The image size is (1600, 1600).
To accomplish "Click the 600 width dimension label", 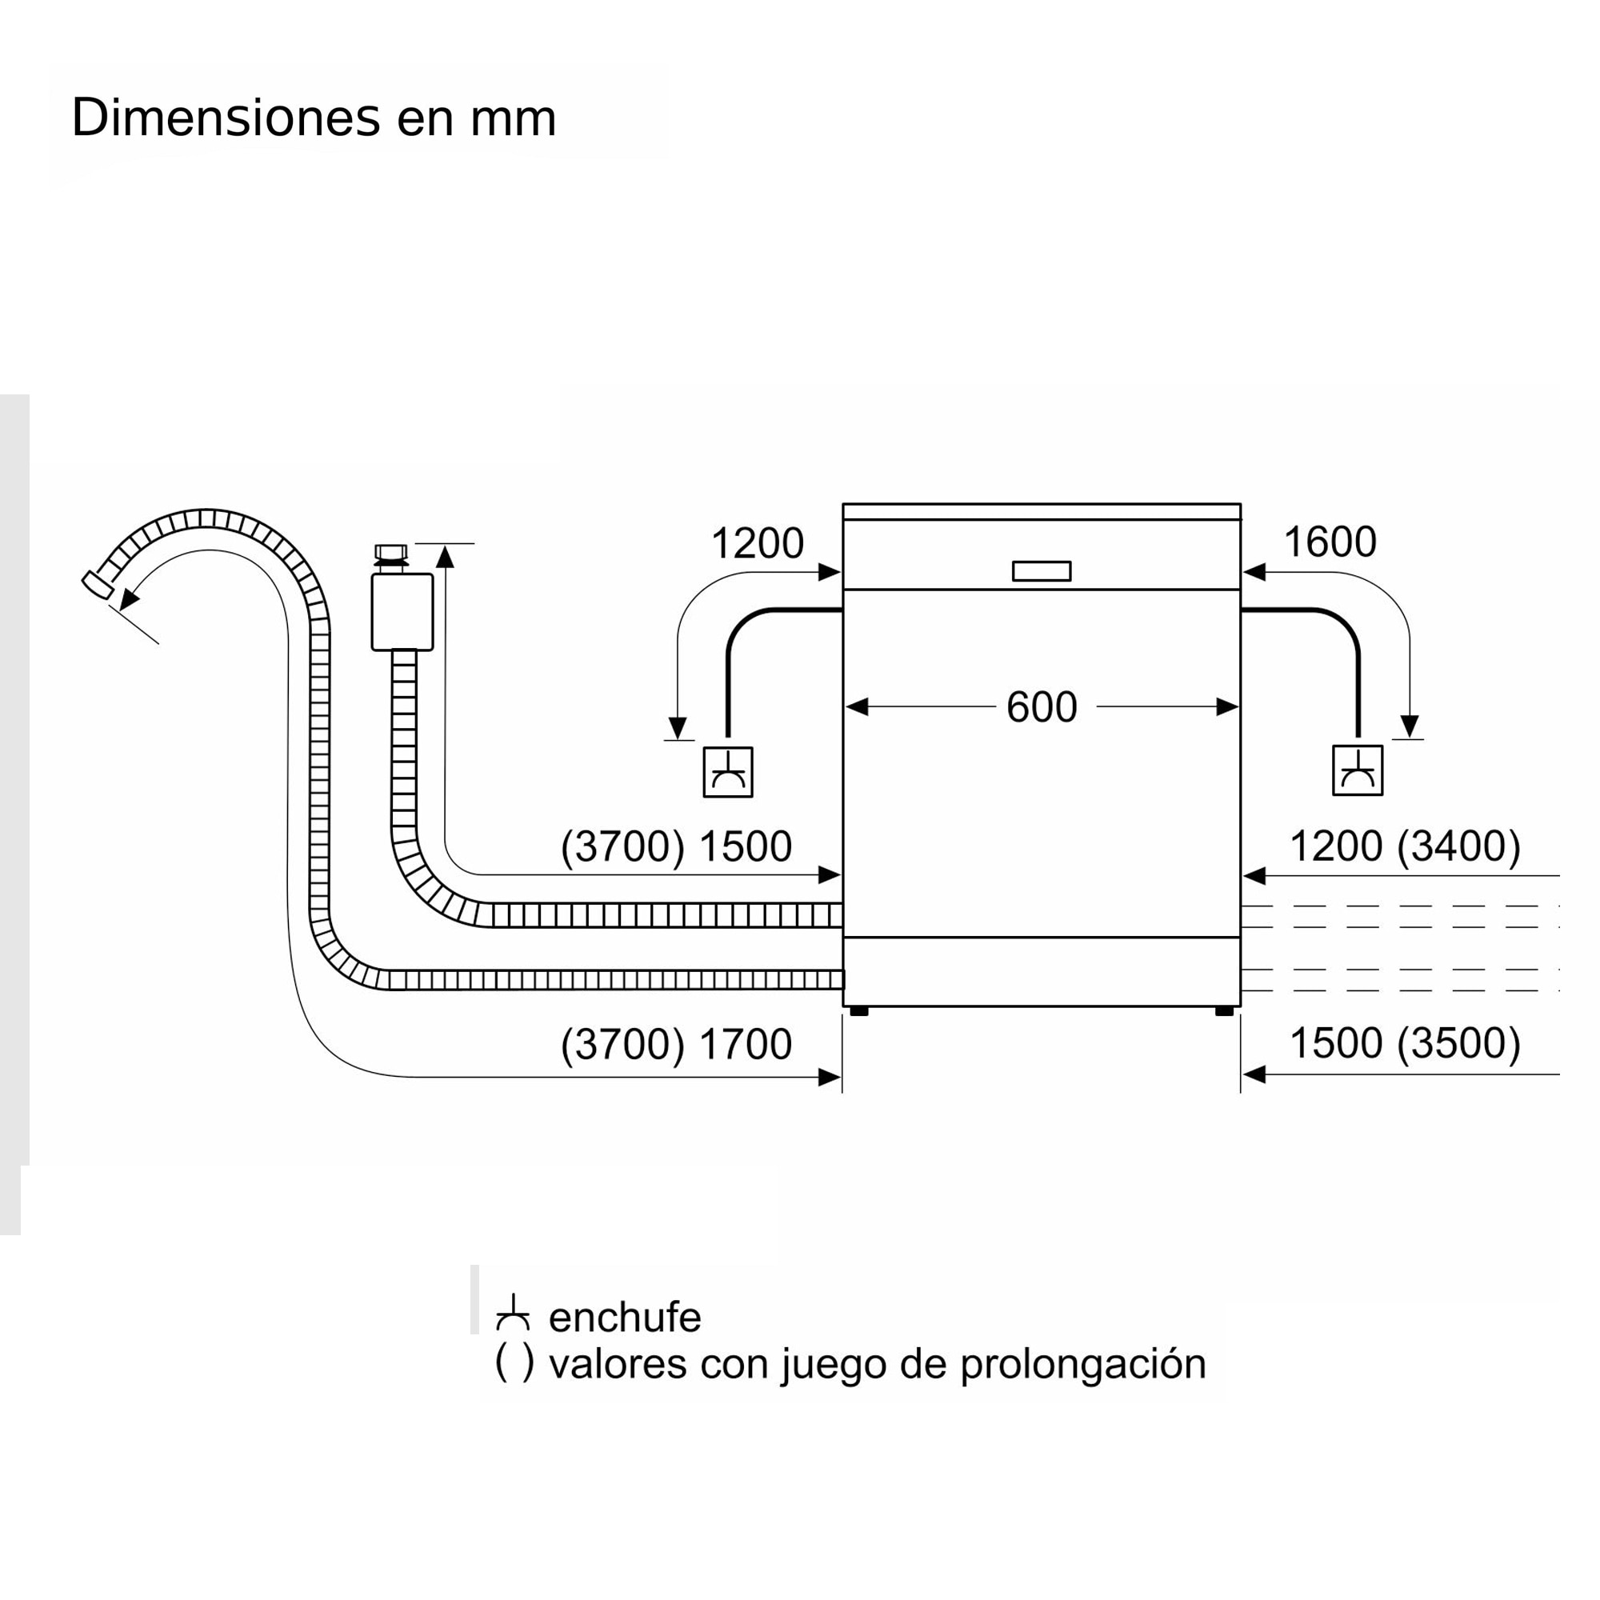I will coord(1041,708).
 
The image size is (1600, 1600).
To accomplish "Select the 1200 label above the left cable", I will coord(757,544).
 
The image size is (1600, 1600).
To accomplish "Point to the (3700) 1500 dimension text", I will coord(676,846).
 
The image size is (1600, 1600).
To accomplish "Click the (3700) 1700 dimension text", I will coord(676,1043).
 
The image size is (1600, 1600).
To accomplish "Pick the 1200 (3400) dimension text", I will coord(1405,846).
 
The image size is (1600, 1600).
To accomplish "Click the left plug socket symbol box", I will coord(727,772).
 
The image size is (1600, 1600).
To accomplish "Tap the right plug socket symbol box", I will coord(1358,771).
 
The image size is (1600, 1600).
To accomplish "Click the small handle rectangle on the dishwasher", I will coord(1041,571).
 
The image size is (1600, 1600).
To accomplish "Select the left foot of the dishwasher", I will coord(858,1011).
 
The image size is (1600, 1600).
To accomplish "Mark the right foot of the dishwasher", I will coord(1224,1011).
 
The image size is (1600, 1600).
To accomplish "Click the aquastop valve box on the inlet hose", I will coord(402,612).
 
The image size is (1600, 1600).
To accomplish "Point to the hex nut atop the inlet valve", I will coord(391,552).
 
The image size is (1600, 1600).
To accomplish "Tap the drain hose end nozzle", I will coord(98,585).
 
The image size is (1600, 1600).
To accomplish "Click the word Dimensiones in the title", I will coord(226,118).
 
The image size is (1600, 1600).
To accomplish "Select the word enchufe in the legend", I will coord(625,1317).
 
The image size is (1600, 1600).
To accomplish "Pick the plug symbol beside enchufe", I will coord(513,1314).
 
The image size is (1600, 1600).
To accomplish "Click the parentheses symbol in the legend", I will coord(514,1363).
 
